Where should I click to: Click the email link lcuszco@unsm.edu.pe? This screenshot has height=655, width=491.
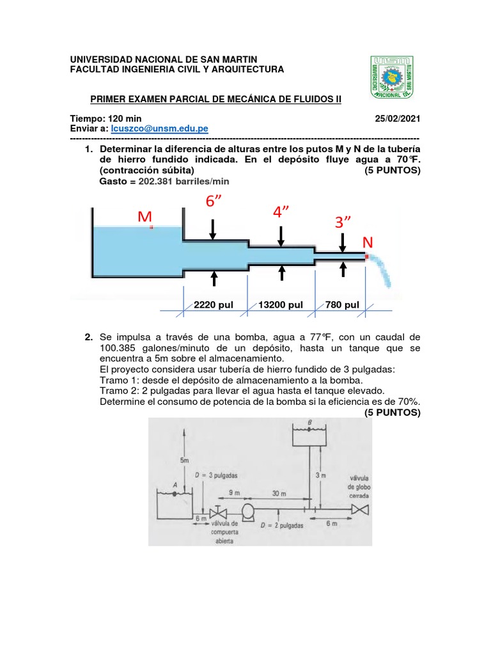click(x=160, y=129)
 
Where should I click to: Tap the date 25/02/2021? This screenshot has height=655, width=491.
click(x=398, y=119)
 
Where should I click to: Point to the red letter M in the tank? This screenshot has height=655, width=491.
click(x=143, y=218)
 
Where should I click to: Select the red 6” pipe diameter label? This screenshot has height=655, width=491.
click(x=215, y=201)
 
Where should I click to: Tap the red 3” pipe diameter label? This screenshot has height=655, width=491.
click(x=343, y=223)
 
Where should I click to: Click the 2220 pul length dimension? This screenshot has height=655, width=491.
click(x=214, y=305)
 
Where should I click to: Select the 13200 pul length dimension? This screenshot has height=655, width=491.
click(x=281, y=305)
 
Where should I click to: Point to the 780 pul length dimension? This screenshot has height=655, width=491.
click(x=342, y=305)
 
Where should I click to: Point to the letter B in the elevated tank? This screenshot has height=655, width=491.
click(x=310, y=423)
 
